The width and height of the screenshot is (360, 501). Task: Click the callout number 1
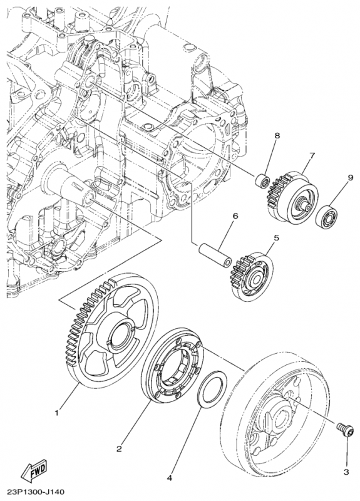click(x=57, y=413)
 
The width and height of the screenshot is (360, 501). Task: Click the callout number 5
click(x=276, y=239)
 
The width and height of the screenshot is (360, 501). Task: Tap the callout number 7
click(x=311, y=155)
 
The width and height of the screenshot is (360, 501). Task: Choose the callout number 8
click(x=276, y=135)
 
